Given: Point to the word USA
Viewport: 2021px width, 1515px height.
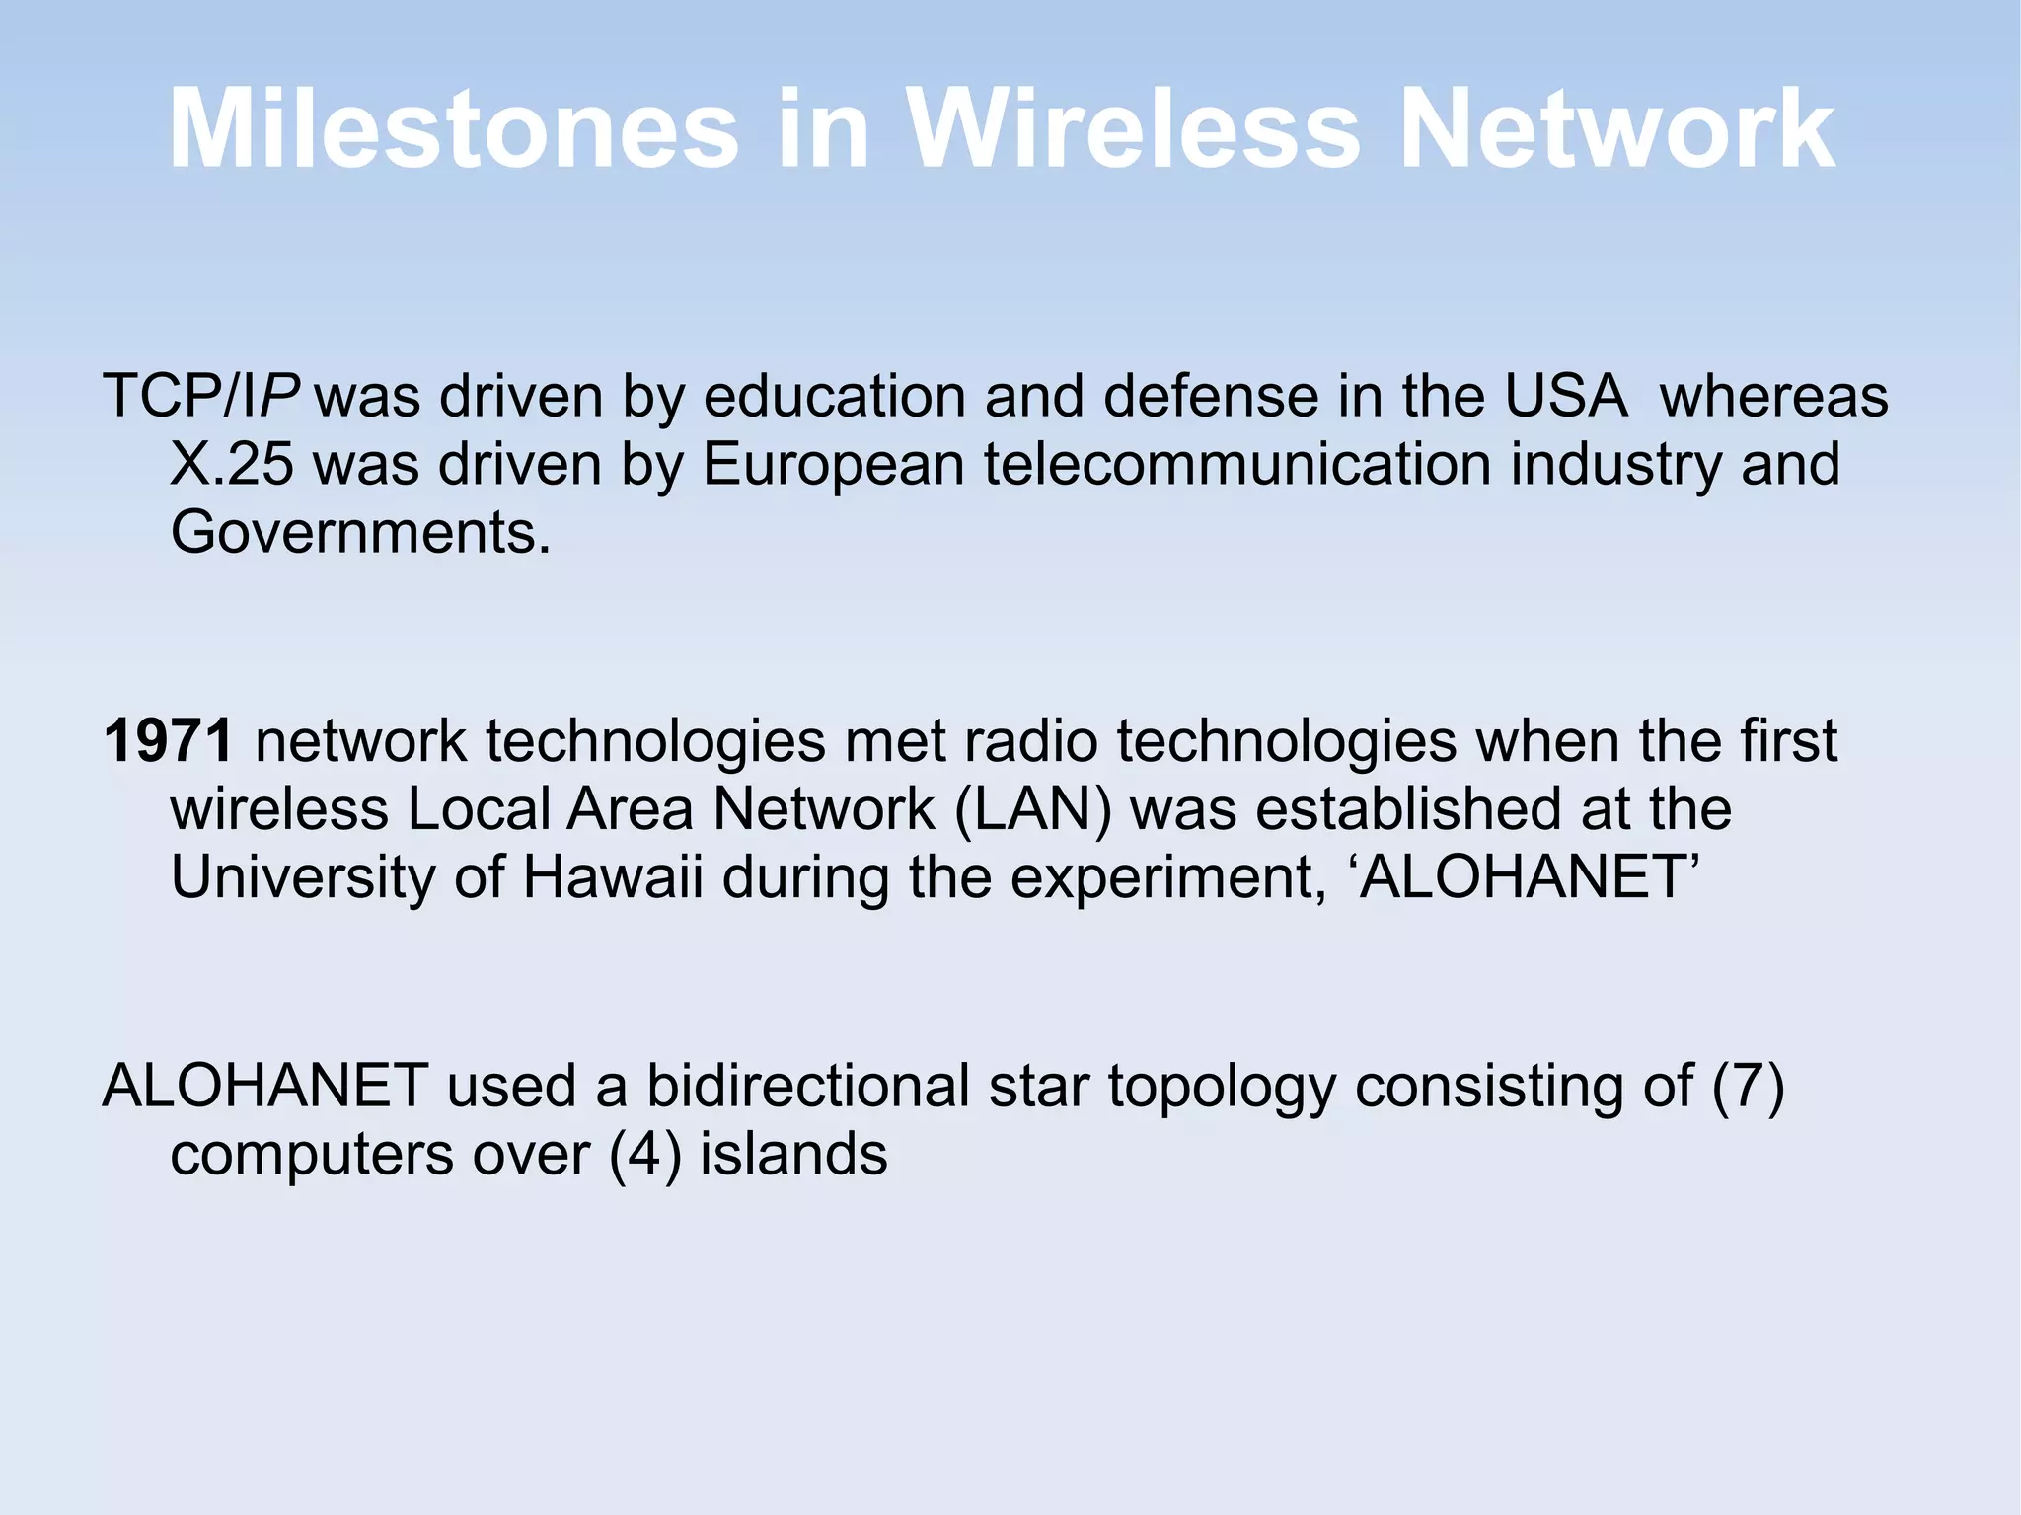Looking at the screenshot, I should [x=1565, y=397].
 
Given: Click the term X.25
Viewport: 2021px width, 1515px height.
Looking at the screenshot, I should [x=232, y=464].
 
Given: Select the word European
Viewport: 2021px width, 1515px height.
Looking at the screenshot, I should [x=832, y=464].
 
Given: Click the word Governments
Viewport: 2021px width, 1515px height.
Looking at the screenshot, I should [x=360, y=533].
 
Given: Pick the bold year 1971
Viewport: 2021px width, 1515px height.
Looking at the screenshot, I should [x=168, y=740].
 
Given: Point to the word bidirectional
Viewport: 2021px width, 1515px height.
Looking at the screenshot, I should [x=807, y=1086].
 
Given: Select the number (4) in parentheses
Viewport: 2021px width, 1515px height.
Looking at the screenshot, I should [x=645, y=1155].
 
